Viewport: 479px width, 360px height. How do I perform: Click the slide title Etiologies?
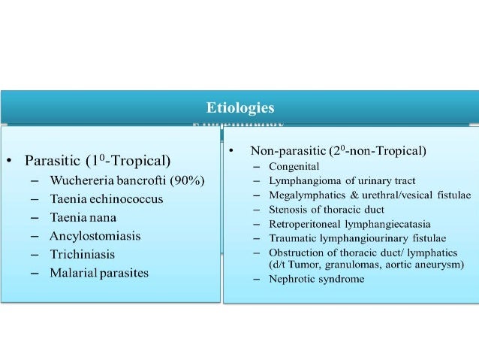(x=240, y=107)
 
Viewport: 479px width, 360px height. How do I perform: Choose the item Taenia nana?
(x=80, y=217)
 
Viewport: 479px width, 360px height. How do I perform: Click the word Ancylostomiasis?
(x=95, y=235)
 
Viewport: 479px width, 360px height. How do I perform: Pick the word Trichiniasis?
(x=82, y=254)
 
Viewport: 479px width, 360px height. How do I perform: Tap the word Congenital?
(x=294, y=166)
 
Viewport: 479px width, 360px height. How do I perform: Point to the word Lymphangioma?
(x=300, y=180)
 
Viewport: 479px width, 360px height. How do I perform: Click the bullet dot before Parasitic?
(x=8, y=161)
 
